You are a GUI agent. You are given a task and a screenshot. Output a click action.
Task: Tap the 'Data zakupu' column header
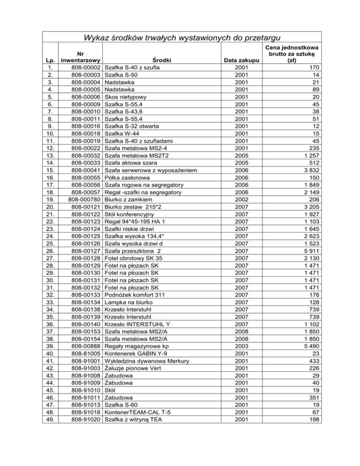(241, 60)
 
